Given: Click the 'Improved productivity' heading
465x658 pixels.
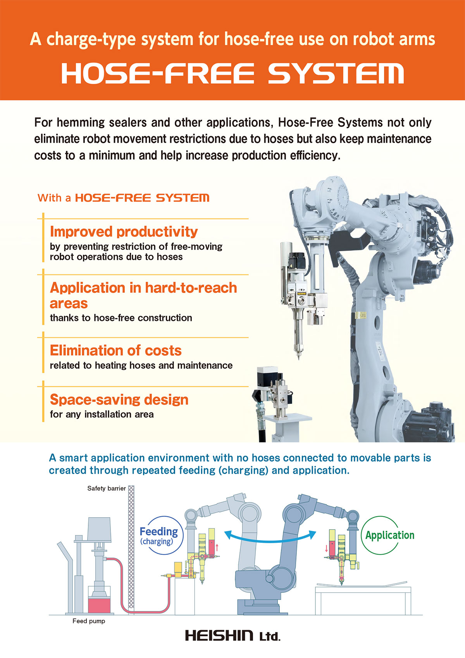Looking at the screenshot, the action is point(124,232).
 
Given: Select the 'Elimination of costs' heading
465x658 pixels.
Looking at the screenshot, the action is point(115,351).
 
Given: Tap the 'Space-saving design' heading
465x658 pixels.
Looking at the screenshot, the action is point(119,400).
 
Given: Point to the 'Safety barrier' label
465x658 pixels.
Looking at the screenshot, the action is point(106,488).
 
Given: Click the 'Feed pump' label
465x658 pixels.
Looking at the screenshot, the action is point(89,621).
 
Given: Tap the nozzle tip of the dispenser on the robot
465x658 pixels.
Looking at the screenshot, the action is point(299,358).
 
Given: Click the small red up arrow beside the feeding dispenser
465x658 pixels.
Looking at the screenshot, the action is point(217,547).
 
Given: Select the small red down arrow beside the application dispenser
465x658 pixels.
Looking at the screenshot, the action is point(326,548).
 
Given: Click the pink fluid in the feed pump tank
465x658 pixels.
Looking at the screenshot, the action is point(99,605).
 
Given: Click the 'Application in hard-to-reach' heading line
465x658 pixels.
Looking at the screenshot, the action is point(143,288).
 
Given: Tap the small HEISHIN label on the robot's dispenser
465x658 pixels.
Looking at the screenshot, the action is point(301,294).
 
